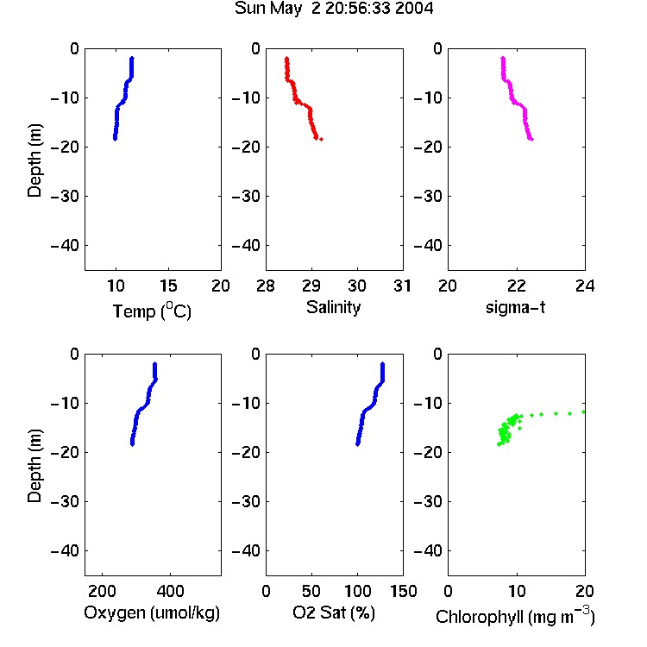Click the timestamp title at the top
pyautogui.click(x=334, y=9)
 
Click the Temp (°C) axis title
pyautogui.click(x=152, y=311)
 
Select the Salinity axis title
pyautogui.click(x=333, y=307)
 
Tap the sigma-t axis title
pyautogui.click(x=515, y=307)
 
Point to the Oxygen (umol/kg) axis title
pyautogui.click(x=152, y=613)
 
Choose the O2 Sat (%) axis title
pyautogui.click(x=334, y=612)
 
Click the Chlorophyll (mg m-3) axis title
pyautogui.click(x=515, y=616)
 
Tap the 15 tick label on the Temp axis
pyautogui.click(x=168, y=286)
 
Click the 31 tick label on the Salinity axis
pyautogui.click(x=402, y=286)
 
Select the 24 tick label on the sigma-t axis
pyautogui.click(x=585, y=286)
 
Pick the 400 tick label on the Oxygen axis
pyautogui.click(x=170, y=591)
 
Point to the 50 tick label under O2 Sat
pyautogui.click(x=311, y=591)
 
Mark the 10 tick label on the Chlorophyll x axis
pyautogui.click(x=517, y=591)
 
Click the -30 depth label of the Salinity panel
pyautogui.click(x=246, y=196)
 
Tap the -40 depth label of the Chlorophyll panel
pyautogui.click(x=428, y=550)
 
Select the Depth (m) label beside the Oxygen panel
pyautogui.click(x=35, y=466)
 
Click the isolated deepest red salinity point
pyautogui.click(x=322, y=139)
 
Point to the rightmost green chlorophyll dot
pyautogui.click(x=583, y=411)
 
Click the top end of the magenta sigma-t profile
pyautogui.click(x=503, y=58)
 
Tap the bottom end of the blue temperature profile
pyautogui.click(x=115, y=139)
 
